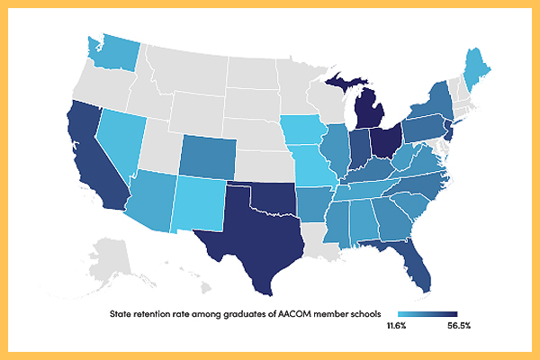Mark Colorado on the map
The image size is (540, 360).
208,157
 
